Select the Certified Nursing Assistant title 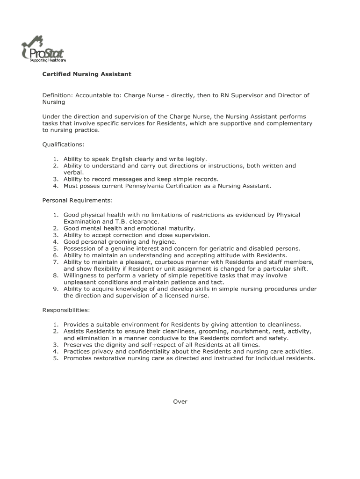coord(86,74)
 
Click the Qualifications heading coord(63,145)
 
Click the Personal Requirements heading coord(77,200)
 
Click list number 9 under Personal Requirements coord(55,289)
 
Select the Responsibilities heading coord(66,310)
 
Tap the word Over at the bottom coord(180,401)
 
